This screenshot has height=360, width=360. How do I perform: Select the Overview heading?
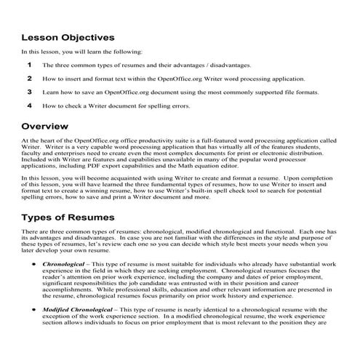pyautogui.click(x=45, y=125)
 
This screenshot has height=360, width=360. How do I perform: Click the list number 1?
pyautogui.click(x=30, y=65)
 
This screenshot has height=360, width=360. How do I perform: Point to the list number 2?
pyautogui.click(x=30, y=78)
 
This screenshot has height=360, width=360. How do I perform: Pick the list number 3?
pyautogui.click(x=30, y=92)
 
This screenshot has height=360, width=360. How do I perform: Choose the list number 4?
pyautogui.click(x=30, y=106)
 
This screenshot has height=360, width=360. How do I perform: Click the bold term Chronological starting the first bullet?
pyautogui.click(x=65, y=258)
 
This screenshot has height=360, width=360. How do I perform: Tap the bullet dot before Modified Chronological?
pyautogui.click(x=36, y=310)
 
